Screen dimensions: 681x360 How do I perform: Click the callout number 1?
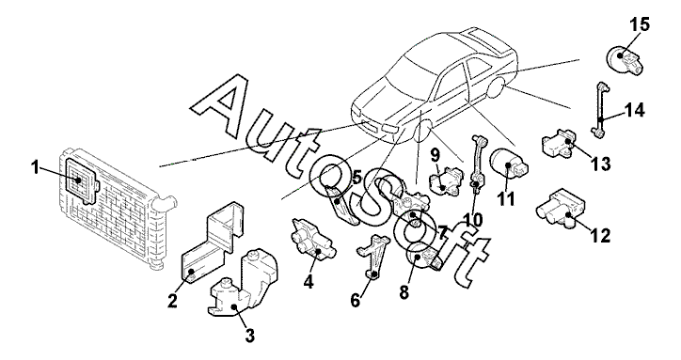pos(35,167)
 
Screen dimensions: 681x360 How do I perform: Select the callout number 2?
pos(172,301)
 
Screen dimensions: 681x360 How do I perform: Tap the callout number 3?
pos(249,336)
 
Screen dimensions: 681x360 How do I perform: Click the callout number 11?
pos(505,199)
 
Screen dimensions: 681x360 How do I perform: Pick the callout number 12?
pos(600,235)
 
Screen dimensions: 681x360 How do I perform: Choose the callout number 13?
pos(600,164)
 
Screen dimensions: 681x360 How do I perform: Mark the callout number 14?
pos(635,110)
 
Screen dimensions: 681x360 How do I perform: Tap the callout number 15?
pos(641,24)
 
